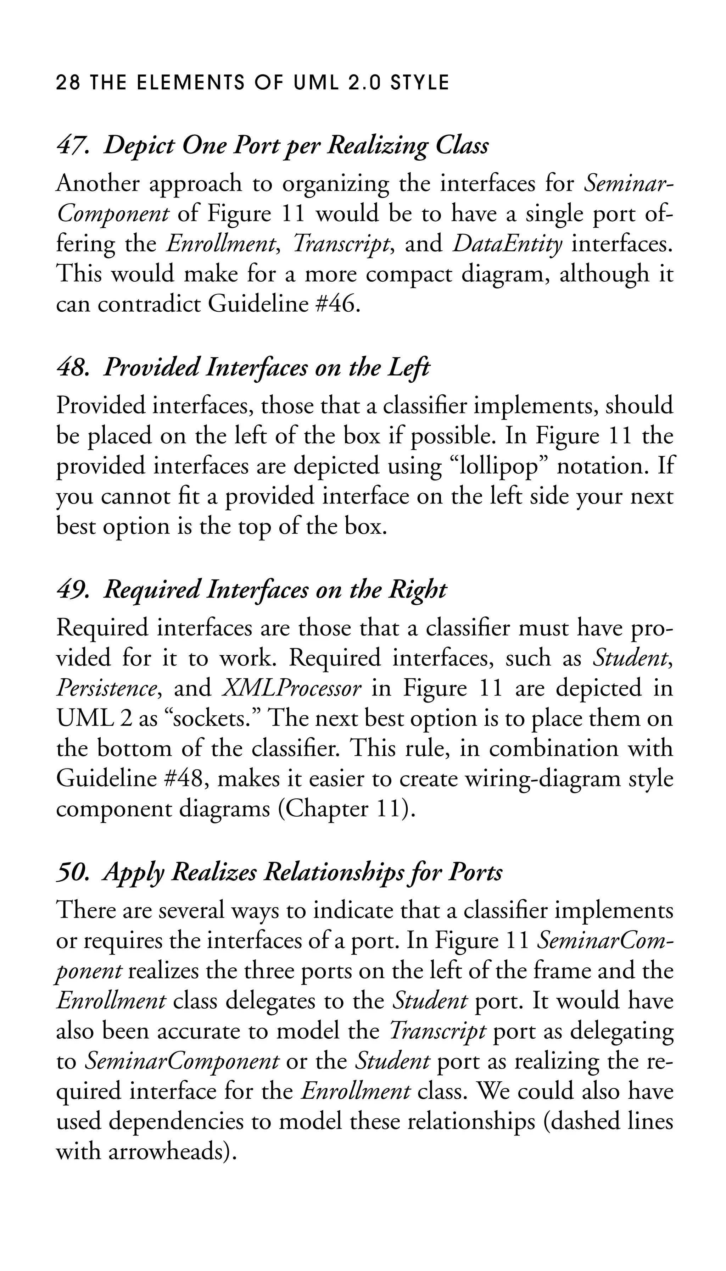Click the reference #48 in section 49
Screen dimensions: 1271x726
point(185,779)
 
